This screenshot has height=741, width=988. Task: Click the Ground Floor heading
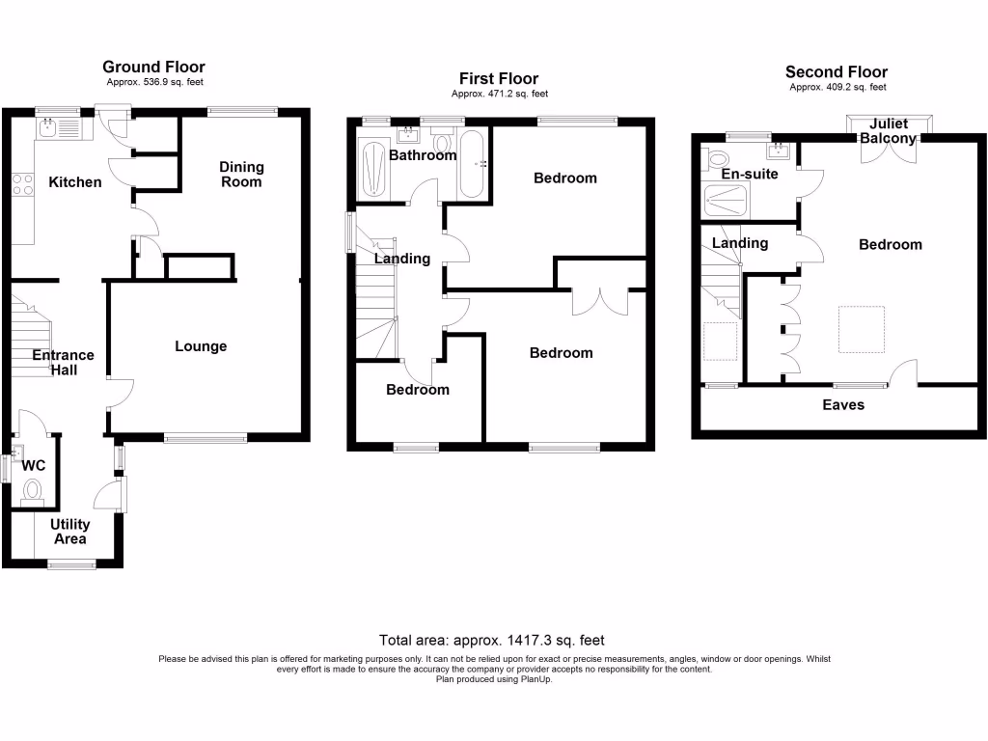153,67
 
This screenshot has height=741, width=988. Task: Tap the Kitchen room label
75,181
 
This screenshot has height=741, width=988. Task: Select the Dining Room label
241,174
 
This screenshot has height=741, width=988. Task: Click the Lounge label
201,346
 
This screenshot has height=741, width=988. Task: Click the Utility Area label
70,532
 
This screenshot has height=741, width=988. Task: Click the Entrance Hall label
64,362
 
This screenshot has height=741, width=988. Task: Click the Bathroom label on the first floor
423,155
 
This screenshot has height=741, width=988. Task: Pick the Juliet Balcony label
889,131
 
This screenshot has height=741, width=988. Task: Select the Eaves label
842,405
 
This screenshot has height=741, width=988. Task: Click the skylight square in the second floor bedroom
861,329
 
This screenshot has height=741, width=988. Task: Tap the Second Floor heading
836,71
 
